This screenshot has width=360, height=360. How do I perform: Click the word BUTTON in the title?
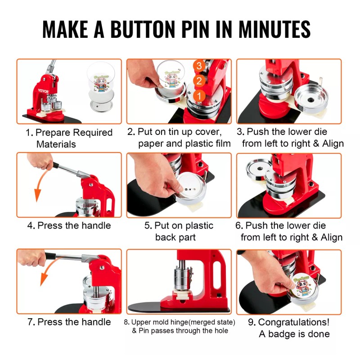pyautogui.click(x=143, y=29)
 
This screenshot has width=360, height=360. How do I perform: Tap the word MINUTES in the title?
pyautogui.click(x=274, y=29)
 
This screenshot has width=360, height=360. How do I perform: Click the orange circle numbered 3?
pyautogui.click(x=199, y=66)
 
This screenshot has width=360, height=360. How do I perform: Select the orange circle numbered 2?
pyautogui.click(x=199, y=81)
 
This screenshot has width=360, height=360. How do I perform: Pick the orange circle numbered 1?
pyautogui.click(x=199, y=96)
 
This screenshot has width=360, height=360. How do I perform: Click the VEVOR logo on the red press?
pyautogui.click(x=43, y=91)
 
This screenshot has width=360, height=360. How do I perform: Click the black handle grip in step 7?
pyautogui.click(x=50, y=256)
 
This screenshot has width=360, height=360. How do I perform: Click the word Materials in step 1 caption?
pyautogui.click(x=56, y=144)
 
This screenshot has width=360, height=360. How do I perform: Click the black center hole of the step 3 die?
pyautogui.click(x=310, y=100)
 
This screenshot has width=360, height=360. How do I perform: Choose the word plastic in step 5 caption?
pyautogui.click(x=199, y=226)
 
